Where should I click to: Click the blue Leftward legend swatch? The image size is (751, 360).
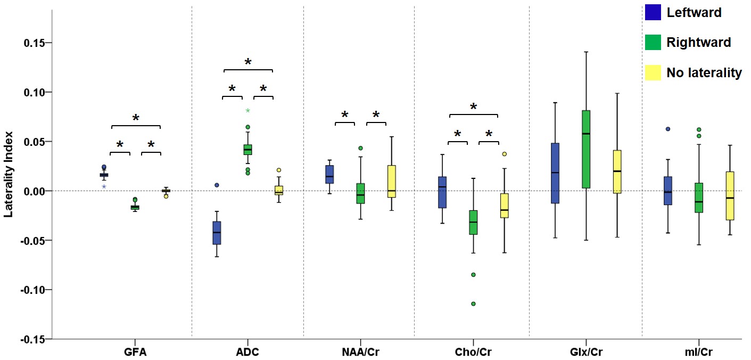pos(653,12)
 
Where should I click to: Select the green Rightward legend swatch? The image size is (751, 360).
pos(653,43)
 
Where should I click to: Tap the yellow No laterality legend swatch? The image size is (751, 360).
pos(653,73)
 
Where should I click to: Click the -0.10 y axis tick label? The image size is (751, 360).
pos(32,290)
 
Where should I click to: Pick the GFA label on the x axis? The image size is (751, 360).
pos(135,352)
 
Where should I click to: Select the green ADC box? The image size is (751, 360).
pos(247,150)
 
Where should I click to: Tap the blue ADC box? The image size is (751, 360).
pos(217,233)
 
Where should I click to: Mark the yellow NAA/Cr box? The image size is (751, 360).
pos(392,182)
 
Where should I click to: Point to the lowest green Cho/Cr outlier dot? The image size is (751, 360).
pos(473,304)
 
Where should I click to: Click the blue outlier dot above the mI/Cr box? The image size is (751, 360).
pos(667,129)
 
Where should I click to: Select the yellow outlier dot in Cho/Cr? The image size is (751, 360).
pos(504,154)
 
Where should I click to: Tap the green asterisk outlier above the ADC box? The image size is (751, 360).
pos(247,111)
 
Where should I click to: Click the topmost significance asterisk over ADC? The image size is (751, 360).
pos(248,62)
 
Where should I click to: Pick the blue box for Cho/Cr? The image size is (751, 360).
pos(442,192)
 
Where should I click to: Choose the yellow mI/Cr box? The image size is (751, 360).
pos(730,195)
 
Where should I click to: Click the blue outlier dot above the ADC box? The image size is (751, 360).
pos(217,185)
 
